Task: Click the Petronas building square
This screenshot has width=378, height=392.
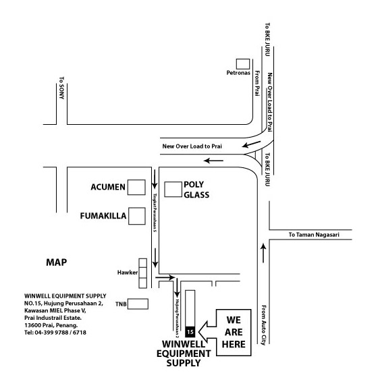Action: (x=243, y=64)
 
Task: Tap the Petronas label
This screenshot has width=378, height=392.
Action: (x=238, y=73)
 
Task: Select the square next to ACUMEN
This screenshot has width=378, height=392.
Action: (x=136, y=188)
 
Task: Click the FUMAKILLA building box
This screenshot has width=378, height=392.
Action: (x=137, y=216)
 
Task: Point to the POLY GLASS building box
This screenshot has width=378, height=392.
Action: (x=173, y=189)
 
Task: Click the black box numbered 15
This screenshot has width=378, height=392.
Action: (x=190, y=332)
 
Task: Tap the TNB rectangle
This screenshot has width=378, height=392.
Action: (x=138, y=304)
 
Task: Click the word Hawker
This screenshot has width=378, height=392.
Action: (x=128, y=273)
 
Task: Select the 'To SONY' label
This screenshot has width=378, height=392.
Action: (x=61, y=88)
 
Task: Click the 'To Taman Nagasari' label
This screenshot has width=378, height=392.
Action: (x=314, y=235)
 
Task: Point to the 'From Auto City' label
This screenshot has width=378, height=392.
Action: (x=263, y=325)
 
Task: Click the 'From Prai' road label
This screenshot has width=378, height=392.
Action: (x=257, y=83)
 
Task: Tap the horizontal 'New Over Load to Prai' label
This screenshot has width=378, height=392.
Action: (x=192, y=146)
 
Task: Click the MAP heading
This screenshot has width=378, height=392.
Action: (x=57, y=262)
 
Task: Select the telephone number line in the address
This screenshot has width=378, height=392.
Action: (x=55, y=333)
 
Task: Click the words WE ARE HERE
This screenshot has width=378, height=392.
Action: (x=234, y=332)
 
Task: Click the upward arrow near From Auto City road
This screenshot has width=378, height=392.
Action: (x=263, y=253)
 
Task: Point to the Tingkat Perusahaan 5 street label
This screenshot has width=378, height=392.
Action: (x=155, y=213)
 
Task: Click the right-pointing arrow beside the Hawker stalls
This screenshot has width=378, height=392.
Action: (x=165, y=277)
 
